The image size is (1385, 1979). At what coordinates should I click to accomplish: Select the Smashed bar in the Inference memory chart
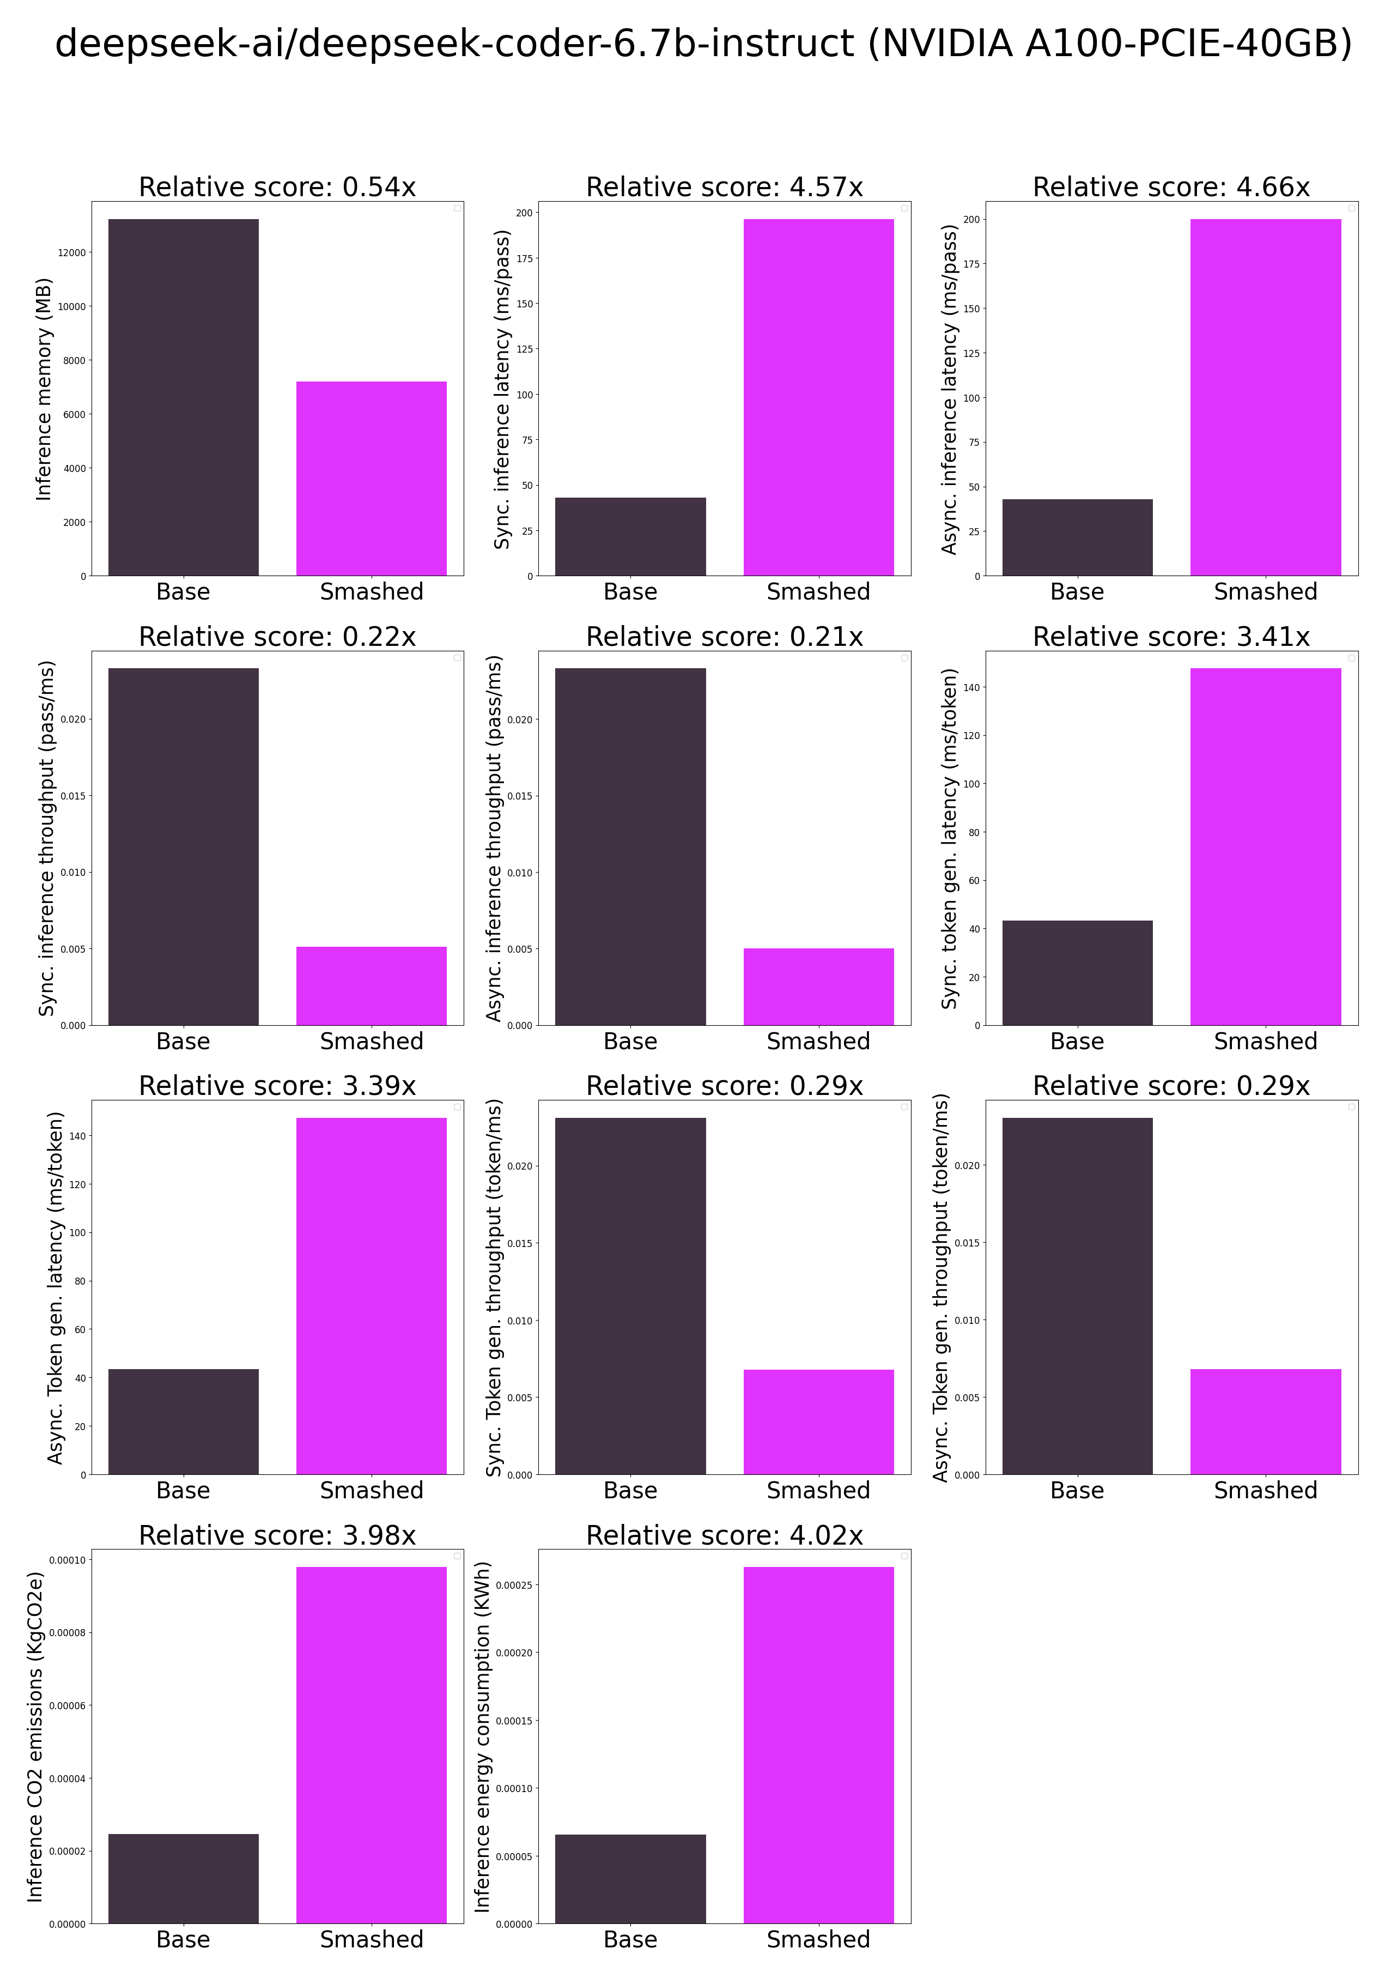tap(372, 479)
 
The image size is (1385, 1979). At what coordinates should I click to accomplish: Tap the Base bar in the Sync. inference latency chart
tap(630, 536)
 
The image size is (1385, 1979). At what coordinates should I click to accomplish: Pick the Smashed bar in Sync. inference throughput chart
tap(372, 985)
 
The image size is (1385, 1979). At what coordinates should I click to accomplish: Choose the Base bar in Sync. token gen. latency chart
tap(1077, 972)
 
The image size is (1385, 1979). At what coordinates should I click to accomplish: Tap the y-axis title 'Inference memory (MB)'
tap(44, 389)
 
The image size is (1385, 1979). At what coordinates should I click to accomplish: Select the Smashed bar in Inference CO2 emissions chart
tap(372, 1745)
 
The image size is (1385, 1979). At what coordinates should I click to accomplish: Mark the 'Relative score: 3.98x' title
tap(277, 1535)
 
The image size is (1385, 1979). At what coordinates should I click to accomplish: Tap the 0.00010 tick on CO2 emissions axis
tap(67, 1560)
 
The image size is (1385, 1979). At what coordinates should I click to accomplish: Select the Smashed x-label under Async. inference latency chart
tap(1265, 591)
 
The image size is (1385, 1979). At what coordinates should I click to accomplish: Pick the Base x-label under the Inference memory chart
tap(183, 591)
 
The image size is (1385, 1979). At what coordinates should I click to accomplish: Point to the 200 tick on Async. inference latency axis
tap(971, 220)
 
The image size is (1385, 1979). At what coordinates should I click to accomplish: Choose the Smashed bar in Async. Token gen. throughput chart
tap(1265, 1421)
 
